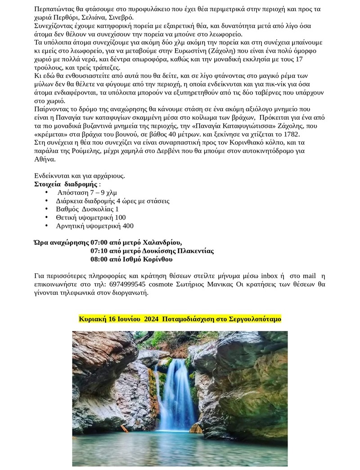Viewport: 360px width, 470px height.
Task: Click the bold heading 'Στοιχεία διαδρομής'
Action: pyautogui.click(x=66, y=184)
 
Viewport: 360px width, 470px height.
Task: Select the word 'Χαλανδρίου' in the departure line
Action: pyautogui.click(x=165, y=242)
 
